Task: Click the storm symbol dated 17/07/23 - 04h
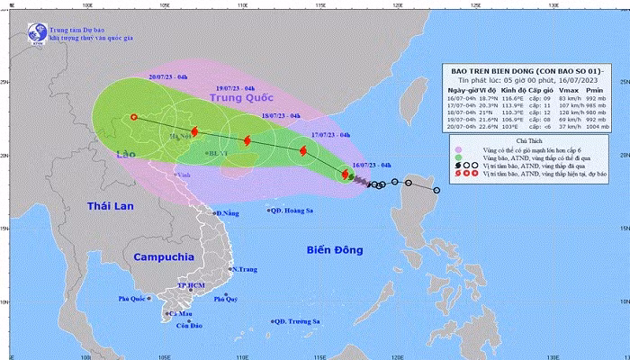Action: click(303, 151)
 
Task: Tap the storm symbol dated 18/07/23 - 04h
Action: click(247, 140)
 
